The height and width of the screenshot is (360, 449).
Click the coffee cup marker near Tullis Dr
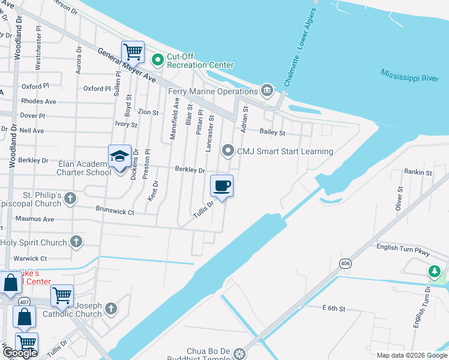coord(221,186)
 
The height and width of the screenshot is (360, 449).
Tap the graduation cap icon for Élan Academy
coord(119,157)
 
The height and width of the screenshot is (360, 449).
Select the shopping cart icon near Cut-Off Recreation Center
coord(133,52)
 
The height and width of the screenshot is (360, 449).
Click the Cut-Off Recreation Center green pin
coord(158,59)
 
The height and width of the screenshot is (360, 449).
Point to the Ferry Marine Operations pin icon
coord(267,91)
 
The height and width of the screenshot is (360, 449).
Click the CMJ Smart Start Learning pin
coord(228,151)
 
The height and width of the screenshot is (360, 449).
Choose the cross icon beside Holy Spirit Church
coord(76,242)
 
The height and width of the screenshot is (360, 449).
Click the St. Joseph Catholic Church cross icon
coord(110,309)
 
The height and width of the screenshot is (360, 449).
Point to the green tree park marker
coord(435,272)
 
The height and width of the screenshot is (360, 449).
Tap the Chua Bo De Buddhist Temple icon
coord(240,354)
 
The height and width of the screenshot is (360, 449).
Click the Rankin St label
coord(418,172)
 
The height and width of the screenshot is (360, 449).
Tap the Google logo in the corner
coord(20,353)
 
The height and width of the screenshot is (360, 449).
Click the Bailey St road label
coord(272,132)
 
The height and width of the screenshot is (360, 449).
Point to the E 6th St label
coord(334,308)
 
